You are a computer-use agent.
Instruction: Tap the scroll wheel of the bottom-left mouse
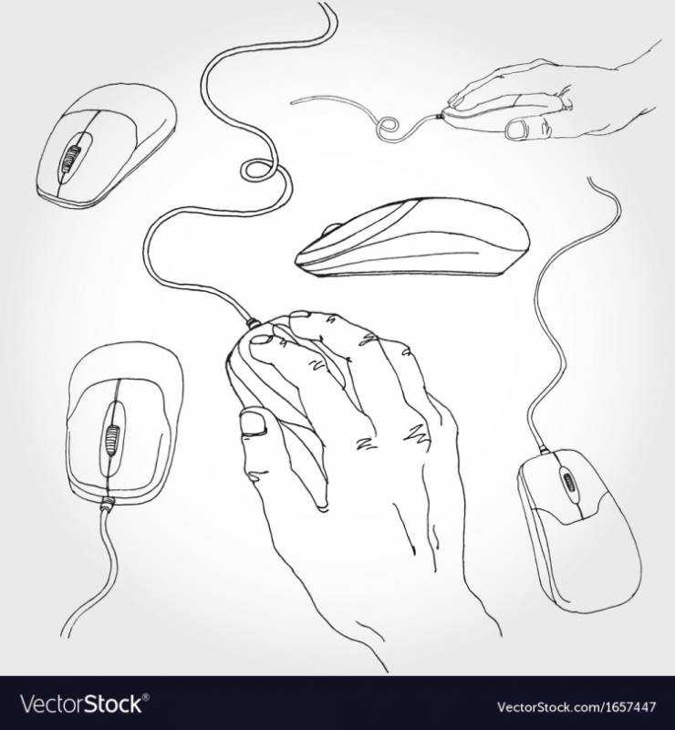pos(111,439)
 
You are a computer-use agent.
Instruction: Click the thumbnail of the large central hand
pos(253,422)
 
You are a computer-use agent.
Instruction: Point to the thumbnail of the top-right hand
pos(515,129)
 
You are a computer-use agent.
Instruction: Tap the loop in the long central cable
pos(255,170)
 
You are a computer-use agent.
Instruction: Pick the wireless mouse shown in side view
pos(412,237)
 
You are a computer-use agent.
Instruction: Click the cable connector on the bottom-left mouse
pos(107,502)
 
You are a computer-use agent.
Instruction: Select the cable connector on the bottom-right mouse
pos(545,451)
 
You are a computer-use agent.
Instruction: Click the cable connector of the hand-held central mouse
pos(253,322)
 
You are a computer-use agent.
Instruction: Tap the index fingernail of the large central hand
pos(260,339)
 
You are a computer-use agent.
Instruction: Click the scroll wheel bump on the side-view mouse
pos(331,229)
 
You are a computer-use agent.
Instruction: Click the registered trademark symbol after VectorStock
pos(146,696)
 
